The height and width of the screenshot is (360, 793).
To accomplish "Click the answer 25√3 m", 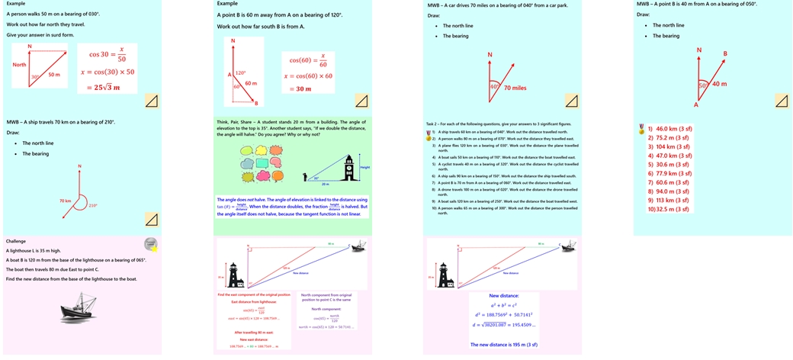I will pos(108,88).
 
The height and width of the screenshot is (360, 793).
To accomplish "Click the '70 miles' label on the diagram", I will pos(515,88).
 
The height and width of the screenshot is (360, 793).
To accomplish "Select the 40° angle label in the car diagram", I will pos(493,86).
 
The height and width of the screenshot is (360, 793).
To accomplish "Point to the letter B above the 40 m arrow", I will pos(725,53).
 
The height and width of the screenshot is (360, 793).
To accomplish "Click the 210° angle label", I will pos(93,205).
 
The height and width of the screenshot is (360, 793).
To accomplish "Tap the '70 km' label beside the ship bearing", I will pos(65,200).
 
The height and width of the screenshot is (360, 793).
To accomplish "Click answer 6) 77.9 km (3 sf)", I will pos(669,173).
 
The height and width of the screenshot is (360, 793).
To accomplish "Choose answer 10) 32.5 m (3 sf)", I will pos(669,209).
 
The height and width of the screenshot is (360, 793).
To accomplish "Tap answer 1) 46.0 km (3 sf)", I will pos(669,129).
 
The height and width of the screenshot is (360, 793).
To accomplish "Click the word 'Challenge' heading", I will pos(16,241).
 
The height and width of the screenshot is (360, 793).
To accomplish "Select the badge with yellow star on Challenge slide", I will pos(151,244).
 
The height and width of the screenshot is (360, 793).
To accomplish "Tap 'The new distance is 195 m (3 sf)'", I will pos(504,345).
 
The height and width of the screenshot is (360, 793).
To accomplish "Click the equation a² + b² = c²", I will pos(504,304).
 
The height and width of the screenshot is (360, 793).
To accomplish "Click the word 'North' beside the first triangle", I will pos(19,65).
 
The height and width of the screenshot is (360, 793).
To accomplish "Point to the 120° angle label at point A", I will pos(240,73).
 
